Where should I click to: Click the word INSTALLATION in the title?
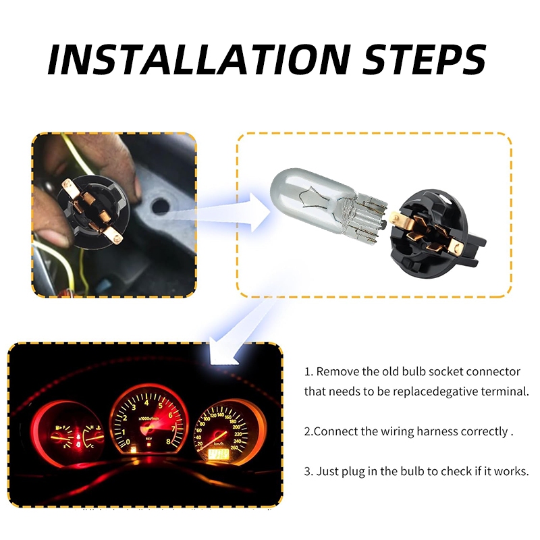pos(198,60)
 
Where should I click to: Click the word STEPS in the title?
pos(424,59)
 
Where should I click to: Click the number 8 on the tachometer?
pos(168,441)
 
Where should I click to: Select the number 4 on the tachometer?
pos(146,403)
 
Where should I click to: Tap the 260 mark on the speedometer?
pos(234,448)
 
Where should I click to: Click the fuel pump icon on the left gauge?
pos(57,428)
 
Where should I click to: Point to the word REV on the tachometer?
pos(148,439)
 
